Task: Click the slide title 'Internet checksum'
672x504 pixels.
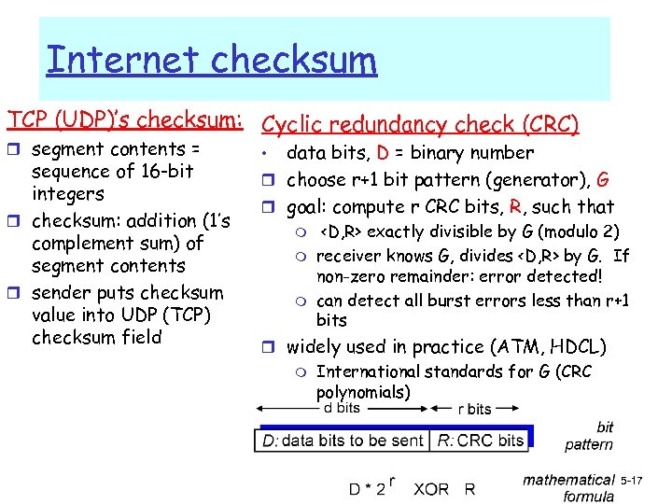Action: point(212,60)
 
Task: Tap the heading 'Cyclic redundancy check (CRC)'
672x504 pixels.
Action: point(420,124)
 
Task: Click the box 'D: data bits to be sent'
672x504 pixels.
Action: point(343,440)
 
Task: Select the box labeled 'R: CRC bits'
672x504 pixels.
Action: point(482,440)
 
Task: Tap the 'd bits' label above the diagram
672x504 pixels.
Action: point(342,407)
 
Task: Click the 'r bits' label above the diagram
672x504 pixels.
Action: point(474,409)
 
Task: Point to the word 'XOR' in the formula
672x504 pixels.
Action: point(431,488)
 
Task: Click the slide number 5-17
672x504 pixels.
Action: point(632,480)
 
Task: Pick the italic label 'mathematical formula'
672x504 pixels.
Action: point(569,488)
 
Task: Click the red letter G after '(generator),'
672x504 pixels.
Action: point(603,179)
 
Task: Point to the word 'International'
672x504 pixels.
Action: point(369,371)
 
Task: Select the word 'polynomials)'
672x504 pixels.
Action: point(363,392)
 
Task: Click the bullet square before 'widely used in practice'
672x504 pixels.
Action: point(270,348)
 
